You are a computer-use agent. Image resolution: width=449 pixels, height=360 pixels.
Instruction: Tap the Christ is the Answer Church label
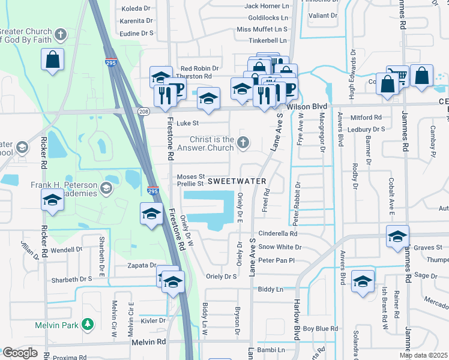tap(203, 143)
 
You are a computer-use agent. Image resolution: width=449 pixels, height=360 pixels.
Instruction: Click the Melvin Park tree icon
tap(88, 325)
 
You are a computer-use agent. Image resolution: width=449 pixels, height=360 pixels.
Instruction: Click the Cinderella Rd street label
tap(278, 233)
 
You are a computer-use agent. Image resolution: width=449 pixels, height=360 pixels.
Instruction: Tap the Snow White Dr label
tap(280, 247)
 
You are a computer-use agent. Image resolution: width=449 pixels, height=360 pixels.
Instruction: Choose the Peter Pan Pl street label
tap(277, 260)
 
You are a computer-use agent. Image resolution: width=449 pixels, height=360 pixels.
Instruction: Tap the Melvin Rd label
tap(149, 341)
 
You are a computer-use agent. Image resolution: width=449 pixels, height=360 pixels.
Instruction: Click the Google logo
tap(20, 353)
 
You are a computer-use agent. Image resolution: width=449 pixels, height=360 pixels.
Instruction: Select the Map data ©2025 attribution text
tap(423, 355)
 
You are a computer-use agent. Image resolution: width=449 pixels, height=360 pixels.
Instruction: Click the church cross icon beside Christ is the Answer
tap(243, 142)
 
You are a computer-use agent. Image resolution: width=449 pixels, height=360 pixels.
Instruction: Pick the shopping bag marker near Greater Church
tap(53, 59)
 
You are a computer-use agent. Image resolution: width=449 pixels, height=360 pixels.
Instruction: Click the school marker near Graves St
tap(397, 236)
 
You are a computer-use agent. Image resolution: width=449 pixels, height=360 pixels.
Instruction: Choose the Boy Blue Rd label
tap(320, 329)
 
